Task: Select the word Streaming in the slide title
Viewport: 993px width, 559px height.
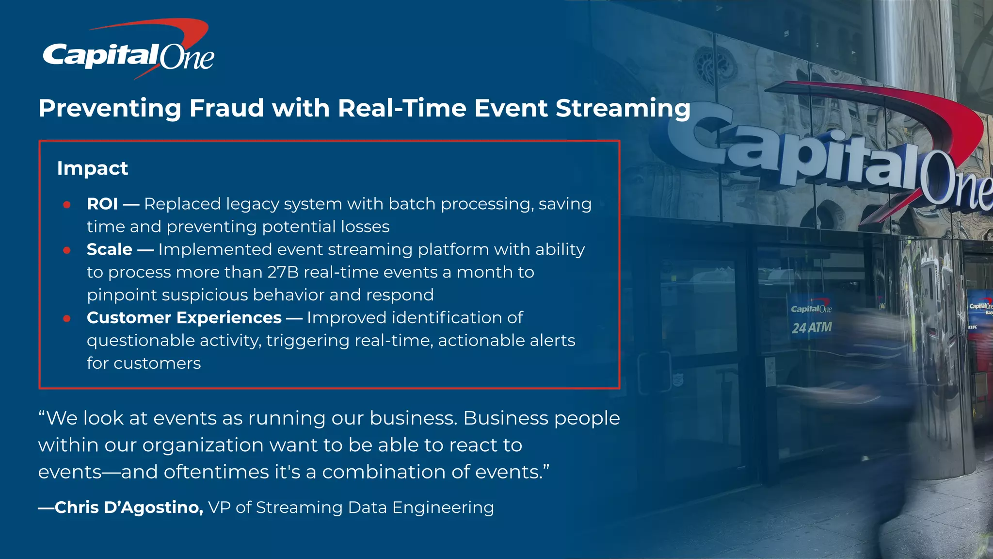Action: click(623, 109)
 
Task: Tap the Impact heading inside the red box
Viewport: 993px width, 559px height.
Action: click(93, 168)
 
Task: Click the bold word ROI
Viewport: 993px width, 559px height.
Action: click(102, 204)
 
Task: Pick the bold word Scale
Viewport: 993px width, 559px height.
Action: click(110, 249)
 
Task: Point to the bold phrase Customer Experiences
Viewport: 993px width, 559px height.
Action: click(184, 318)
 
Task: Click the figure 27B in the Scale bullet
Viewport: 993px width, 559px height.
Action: click(283, 272)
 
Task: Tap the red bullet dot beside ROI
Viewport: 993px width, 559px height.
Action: click(67, 205)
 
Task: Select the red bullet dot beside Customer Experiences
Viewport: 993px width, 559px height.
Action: click(67, 318)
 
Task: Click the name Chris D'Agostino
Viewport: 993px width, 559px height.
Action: click(129, 508)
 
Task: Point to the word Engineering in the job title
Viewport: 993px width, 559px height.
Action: click(443, 508)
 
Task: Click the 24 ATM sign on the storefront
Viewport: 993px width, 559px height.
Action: click(812, 328)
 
